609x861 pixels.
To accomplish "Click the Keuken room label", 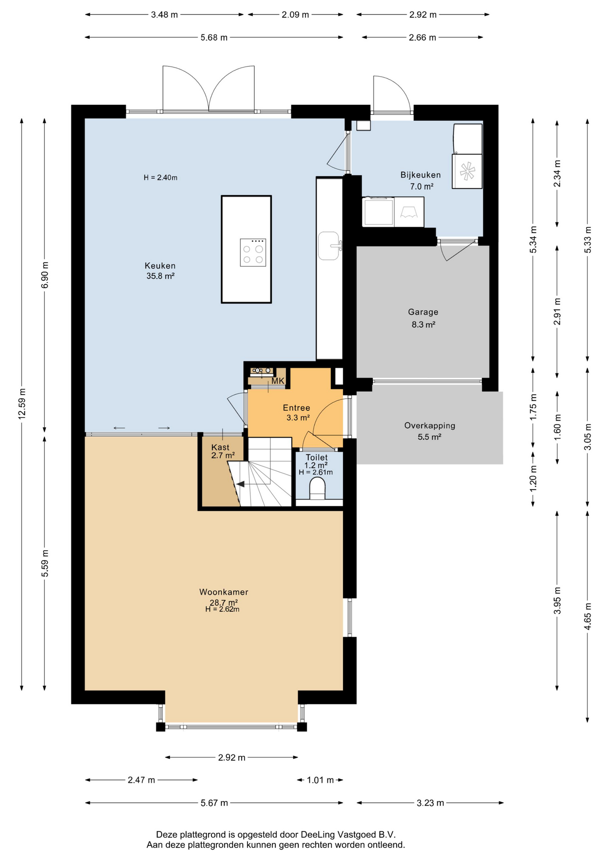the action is click(160, 266).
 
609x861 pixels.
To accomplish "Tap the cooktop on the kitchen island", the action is click(253, 252).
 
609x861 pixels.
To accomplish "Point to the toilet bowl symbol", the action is click(318, 488).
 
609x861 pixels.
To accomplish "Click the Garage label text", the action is click(423, 312).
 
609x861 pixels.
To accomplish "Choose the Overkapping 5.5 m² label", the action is click(430, 431).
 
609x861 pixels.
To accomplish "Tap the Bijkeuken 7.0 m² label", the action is click(421, 180).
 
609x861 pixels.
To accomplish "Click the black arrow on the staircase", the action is click(240, 484).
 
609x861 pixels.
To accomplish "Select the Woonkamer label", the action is click(224, 592).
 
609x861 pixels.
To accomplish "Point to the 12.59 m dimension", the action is click(22, 404).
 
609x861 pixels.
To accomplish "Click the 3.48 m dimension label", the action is click(164, 15).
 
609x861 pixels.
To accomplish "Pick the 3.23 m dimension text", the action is click(431, 803).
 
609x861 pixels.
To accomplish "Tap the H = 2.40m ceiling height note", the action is click(161, 178).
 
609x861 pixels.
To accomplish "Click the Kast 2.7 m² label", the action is click(223, 451).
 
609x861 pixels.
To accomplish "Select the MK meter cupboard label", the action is click(278, 381).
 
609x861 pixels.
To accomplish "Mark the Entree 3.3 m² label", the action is click(297, 413).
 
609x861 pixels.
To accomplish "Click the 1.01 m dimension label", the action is click(320, 780).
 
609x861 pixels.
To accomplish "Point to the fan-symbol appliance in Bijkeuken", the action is click(467, 171).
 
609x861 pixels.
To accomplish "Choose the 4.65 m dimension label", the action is click(587, 616).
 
